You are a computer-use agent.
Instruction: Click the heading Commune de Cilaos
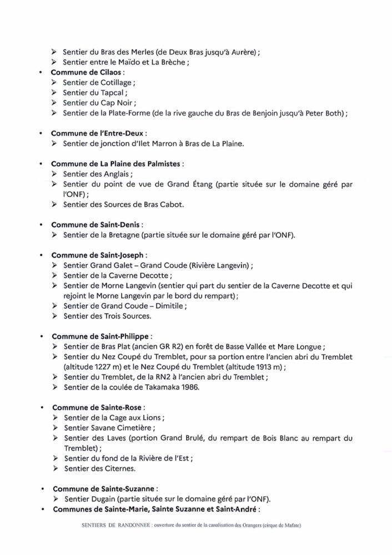tap(87, 72)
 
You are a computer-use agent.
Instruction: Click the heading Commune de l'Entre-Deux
tap(99, 134)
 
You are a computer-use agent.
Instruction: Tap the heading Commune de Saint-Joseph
tap(99, 255)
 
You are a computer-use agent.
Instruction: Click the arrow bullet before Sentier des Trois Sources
tap(54, 316)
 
